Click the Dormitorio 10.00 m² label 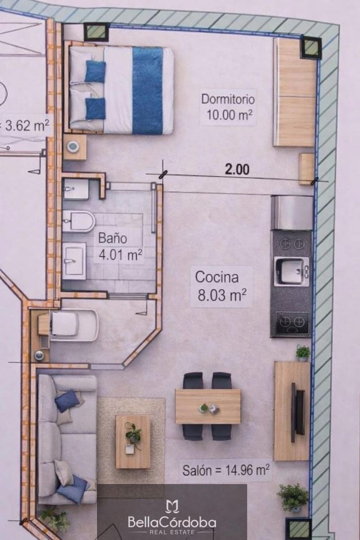tap(228, 107)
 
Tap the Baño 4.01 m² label tap(120, 247)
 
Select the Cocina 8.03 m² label tap(221, 286)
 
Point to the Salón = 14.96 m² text tap(226, 471)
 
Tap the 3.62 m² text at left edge tap(26, 126)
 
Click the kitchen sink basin tap(290, 271)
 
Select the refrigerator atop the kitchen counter tap(292, 213)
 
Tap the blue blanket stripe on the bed tap(148, 90)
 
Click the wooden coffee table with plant tap(133, 441)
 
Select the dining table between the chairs tap(207, 406)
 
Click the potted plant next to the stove tap(303, 353)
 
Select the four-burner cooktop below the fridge tap(292, 243)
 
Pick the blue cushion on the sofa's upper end tap(67, 400)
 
